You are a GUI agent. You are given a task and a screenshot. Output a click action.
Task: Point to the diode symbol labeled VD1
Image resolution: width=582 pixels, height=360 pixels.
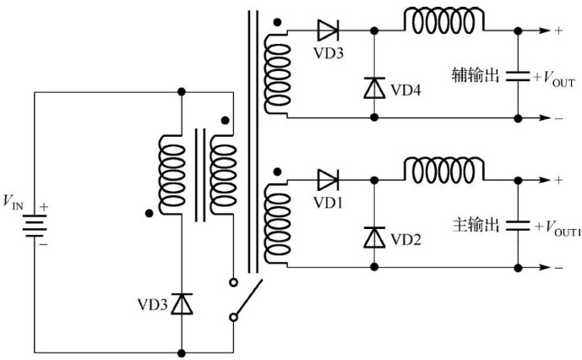(328, 178)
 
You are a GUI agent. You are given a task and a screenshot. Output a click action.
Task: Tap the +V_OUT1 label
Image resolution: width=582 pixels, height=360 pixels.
(557, 226)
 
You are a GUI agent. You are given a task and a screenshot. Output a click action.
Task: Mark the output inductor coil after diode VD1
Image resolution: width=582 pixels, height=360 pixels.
(445, 168)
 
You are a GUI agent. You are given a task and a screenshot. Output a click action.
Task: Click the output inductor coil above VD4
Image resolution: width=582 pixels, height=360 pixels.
(445, 21)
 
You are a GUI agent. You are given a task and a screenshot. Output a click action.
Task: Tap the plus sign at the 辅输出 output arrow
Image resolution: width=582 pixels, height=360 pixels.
(558, 31)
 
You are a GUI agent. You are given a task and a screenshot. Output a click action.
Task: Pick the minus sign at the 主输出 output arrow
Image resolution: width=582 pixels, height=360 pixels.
(558, 268)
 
